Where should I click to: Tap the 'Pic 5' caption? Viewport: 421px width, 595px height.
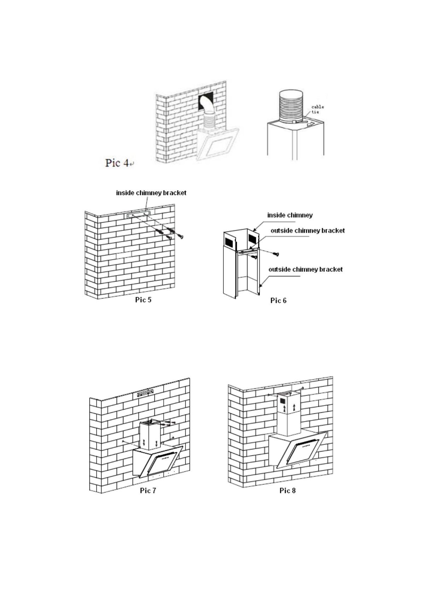143,300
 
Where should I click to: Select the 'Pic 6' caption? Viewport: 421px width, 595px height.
278,300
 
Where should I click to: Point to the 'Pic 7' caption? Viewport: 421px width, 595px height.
148,490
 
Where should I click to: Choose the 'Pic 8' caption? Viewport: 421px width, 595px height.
287,490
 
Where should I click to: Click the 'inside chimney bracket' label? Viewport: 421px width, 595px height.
151,193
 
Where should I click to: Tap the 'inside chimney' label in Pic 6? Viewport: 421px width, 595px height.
290,215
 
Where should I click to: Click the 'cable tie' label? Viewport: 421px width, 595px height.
317,109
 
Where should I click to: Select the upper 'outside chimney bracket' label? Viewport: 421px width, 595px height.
308,231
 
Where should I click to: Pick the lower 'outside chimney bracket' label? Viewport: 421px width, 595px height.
305,269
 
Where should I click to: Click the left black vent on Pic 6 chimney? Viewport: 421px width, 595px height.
229,242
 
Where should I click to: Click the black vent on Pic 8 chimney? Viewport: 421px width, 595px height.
282,401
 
